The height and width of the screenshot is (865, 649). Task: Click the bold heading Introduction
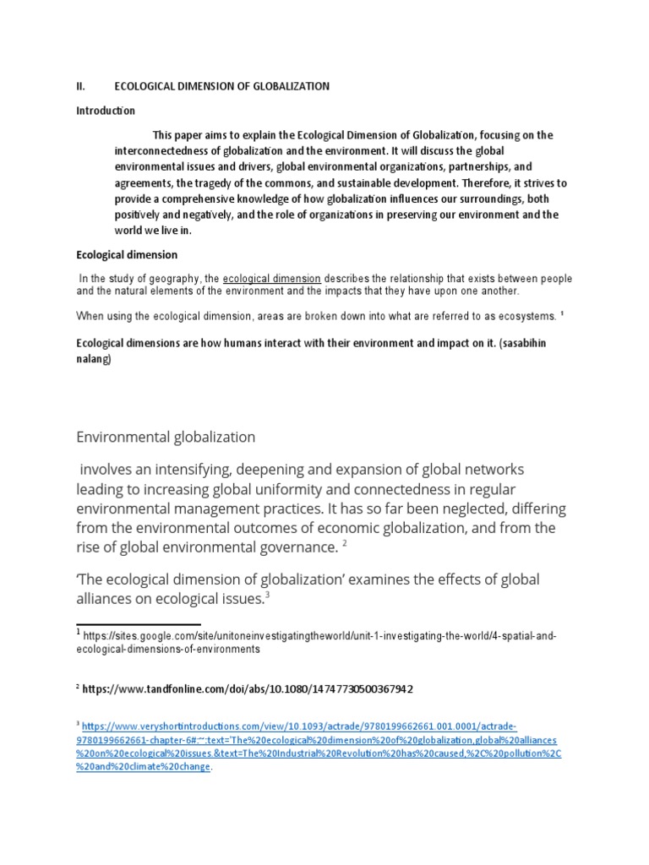pyautogui.click(x=106, y=111)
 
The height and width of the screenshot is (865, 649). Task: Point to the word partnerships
pyautogui.click(x=472, y=167)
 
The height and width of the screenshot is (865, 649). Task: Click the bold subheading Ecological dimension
pyautogui.click(x=127, y=255)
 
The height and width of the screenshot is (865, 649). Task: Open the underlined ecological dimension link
pyautogui.click(x=271, y=278)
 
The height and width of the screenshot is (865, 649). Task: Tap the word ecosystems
pyautogui.click(x=520, y=316)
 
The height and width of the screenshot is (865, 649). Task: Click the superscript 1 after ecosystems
pyautogui.click(x=562, y=313)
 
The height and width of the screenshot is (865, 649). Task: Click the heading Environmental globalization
pyautogui.click(x=166, y=437)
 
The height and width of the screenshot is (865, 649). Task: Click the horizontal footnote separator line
pyautogui.click(x=138, y=623)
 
